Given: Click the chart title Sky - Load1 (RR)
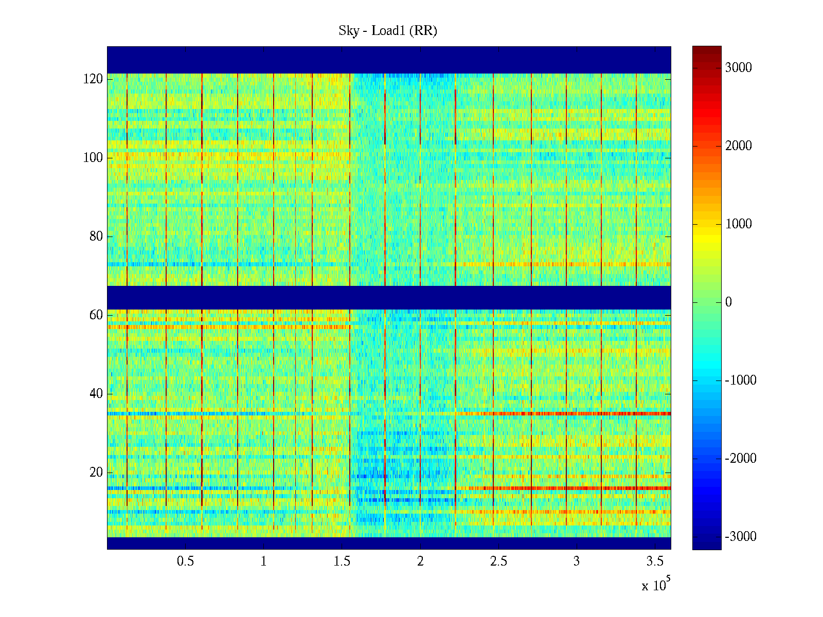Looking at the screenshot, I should pyautogui.click(x=388, y=31).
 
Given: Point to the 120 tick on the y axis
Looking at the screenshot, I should pyautogui.click(x=93, y=79).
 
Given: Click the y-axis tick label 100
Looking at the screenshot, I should pyautogui.click(x=93, y=158).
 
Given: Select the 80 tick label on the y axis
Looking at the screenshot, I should pyautogui.click(x=96, y=237).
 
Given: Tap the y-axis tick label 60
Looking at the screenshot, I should pyautogui.click(x=96, y=315).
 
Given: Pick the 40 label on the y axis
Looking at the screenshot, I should pyautogui.click(x=96, y=394).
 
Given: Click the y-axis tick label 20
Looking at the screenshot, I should pyautogui.click(x=96, y=473).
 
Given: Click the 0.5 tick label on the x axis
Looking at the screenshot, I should pyautogui.click(x=185, y=561).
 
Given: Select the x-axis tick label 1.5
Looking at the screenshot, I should pyautogui.click(x=342, y=561).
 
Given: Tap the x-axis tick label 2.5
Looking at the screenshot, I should pyautogui.click(x=498, y=561).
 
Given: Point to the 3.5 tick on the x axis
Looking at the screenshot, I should pyautogui.click(x=655, y=561).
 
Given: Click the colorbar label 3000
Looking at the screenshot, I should pyautogui.click(x=738, y=68).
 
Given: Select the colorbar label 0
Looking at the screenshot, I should pyautogui.click(x=728, y=302).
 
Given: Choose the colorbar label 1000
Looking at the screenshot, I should pyautogui.click(x=738, y=224).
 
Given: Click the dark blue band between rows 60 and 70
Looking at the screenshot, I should pyautogui.click(x=389, y=297).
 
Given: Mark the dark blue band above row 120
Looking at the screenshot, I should pyautogui.click(x=389, y=60).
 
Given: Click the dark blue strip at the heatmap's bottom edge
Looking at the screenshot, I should pyautogui.click(x=389, y=543).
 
